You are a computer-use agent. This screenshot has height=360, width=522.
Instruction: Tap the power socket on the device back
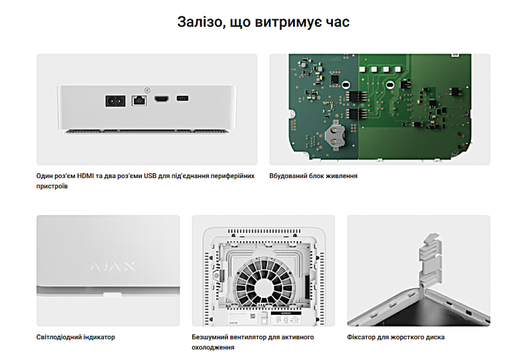pos(115,101)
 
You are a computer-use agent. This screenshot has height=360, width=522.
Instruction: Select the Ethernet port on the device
pos(139,100)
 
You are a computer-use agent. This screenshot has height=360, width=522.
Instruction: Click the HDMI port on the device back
pos(161,99)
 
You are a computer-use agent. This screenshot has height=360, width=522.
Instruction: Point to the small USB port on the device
pos(183,98)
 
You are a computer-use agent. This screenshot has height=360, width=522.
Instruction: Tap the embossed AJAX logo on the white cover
pos(112,267)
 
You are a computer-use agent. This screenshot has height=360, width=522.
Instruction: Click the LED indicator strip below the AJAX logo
pos(112,295)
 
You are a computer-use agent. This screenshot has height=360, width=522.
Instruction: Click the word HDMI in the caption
pos(85,175)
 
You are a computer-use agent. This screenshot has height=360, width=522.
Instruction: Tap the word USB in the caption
pos(150,175)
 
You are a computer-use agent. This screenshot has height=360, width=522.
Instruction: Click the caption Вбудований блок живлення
pos(313,175)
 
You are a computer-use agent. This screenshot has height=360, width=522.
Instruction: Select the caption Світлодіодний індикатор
pos(76,337)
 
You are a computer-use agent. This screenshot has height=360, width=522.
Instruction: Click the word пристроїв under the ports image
pos(52,187)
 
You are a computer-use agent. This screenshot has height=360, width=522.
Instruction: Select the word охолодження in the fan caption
pos(213,348)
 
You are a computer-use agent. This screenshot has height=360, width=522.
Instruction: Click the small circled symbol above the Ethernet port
pos(147,90)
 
